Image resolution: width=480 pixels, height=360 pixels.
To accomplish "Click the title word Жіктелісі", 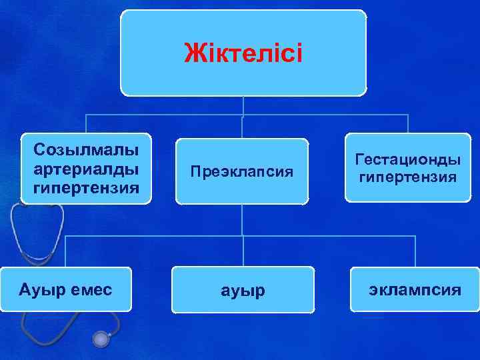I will click(x=243, y=52).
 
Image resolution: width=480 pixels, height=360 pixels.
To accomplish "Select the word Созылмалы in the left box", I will click(x=86, y=147).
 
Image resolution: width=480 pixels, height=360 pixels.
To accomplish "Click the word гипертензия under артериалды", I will click(x=86, y=188).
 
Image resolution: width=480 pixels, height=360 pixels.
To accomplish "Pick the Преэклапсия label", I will click(x=242, y=171).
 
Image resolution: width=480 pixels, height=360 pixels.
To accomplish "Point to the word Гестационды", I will click(x=408, y=160).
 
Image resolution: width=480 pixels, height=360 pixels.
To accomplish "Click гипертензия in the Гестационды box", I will click(x=408, y=178).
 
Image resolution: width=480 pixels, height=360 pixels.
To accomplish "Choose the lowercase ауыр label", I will click(x=243, y=291).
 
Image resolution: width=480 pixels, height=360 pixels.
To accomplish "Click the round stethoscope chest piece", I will click(x=101, y=340).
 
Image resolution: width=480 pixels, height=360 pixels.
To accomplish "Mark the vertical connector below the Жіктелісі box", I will click(x=243, y=105).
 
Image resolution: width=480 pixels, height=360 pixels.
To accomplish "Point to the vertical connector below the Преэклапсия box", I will click(x=243, y=220).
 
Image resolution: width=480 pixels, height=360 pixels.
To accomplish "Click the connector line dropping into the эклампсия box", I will click(x=415, y=251).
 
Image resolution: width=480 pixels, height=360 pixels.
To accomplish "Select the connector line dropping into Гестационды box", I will click(x=408, y=124).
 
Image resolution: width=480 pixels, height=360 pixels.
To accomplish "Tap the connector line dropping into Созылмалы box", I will click(x=86, y=125).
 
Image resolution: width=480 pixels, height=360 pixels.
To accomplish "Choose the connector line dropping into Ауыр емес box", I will click(x=65, y=251).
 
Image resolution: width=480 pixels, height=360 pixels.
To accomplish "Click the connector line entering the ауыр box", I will click(x=243, y=253).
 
